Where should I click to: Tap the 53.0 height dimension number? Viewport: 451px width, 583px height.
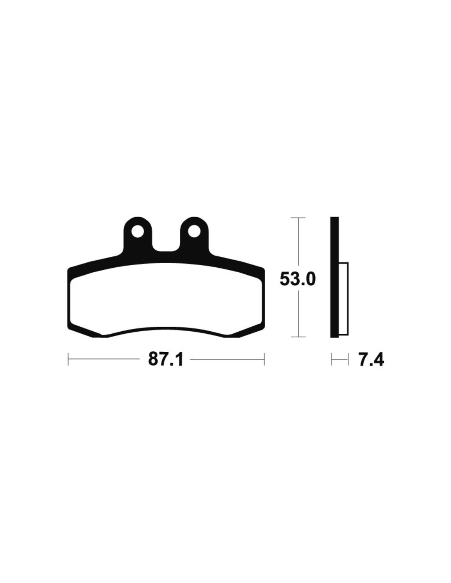(297, 279)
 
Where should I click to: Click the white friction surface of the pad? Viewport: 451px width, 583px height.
(166, 299)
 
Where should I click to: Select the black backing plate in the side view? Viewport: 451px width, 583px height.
(334, 277)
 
